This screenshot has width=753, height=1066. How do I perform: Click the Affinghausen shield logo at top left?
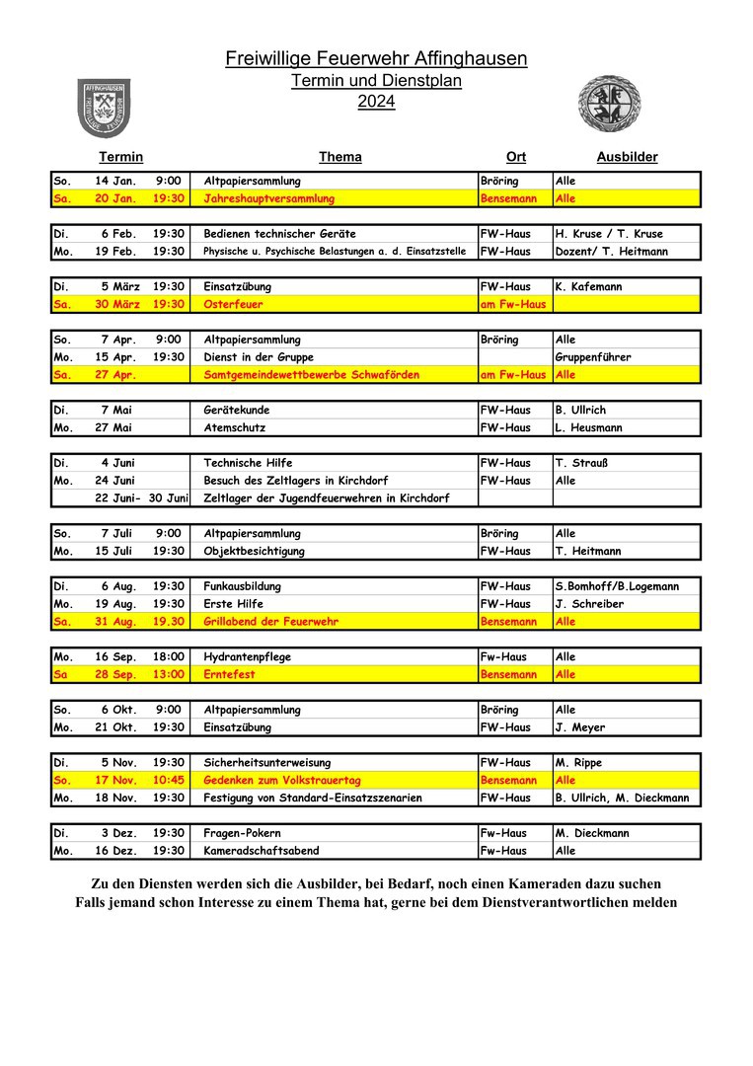click(105, 108)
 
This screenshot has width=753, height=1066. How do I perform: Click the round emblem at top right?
click(603, 105)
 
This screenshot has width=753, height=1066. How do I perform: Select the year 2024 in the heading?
click(376, 101)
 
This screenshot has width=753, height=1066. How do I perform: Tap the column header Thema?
click(339, 157)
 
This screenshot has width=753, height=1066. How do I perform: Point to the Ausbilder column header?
click(627, 157)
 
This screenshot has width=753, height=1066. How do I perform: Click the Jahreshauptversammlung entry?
click(268, 198)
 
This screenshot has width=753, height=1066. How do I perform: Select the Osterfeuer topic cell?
click(233, 304)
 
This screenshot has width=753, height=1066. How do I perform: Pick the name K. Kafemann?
click(590, 287)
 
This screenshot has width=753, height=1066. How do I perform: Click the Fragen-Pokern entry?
click(243, 833)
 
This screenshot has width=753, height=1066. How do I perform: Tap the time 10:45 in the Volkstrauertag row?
click(169, 781)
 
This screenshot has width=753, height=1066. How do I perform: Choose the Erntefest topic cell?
click(228, 674)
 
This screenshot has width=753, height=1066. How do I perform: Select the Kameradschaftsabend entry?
click(261, 851)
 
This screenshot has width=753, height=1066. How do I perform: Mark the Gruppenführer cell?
click(593, 357)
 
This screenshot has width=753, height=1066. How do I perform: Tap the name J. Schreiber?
click(589, 604)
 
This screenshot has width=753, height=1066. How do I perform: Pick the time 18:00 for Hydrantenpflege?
click(169, 657)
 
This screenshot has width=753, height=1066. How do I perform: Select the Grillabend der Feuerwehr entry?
click(270, 622)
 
